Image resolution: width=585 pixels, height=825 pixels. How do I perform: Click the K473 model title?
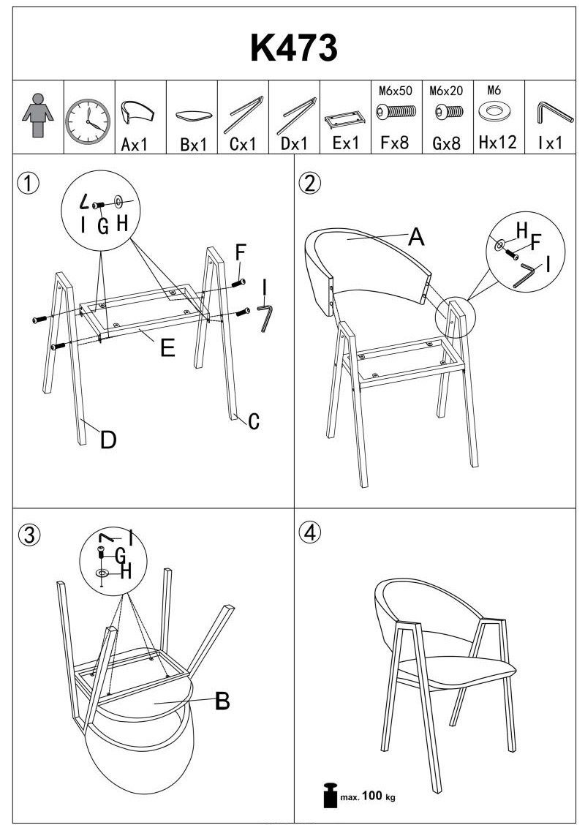293,48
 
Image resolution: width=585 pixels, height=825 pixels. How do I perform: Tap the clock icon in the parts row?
88,121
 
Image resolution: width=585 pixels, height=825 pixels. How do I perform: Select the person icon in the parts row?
37,116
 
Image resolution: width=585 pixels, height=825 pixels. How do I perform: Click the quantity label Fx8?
395,142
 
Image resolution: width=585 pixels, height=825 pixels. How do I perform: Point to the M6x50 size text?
396,91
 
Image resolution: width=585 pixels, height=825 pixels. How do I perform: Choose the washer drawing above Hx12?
493,112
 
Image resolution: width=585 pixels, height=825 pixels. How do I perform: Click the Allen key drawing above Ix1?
555,112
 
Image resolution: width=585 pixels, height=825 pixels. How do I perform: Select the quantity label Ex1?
346,143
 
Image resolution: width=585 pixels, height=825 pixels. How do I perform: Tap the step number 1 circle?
28,183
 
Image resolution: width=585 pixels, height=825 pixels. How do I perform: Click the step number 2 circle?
310,183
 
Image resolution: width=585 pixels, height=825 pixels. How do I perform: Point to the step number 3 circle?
29,535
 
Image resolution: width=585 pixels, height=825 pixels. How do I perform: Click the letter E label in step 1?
167,348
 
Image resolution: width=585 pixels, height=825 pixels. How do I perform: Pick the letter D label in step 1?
107,440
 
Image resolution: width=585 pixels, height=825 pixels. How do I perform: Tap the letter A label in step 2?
416,237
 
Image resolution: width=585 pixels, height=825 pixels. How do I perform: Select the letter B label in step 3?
222,701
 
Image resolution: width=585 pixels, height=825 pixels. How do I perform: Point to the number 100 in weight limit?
372,795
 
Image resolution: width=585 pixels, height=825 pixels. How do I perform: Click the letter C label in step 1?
254,421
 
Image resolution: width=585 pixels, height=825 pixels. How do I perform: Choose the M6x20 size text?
446,91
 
